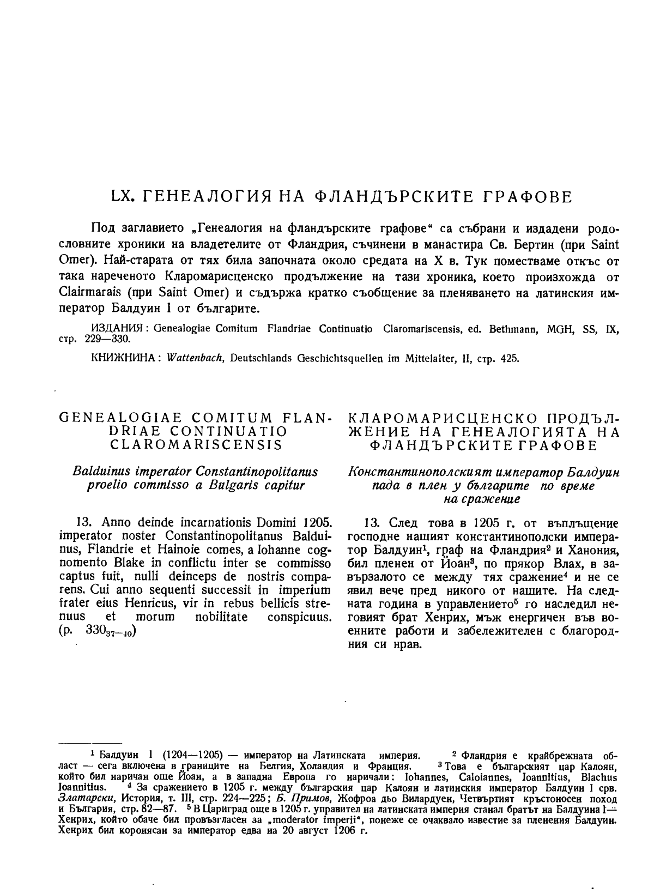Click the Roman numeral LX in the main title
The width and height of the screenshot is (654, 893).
pyautogui.click(x=122, y=196)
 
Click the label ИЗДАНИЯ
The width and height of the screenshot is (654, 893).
pyautogui.click(x=117, y=329)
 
